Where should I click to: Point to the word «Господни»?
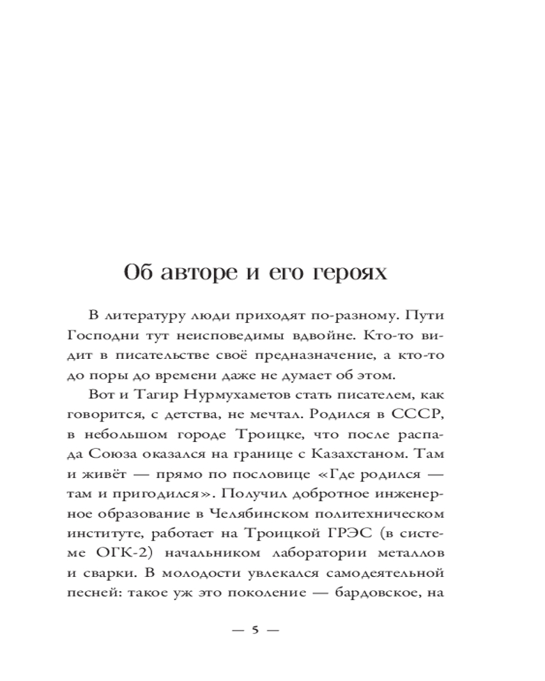(102, 336)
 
